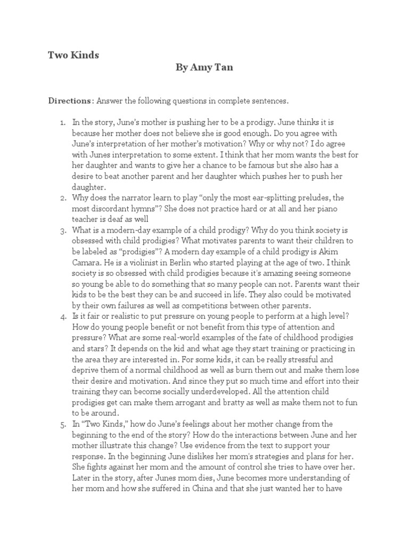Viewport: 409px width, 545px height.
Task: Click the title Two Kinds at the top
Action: (73, 55)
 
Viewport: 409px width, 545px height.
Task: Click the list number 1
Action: (63, 122)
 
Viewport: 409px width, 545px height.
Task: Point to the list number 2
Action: (63, 197)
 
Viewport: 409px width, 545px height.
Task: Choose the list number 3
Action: (63, 230)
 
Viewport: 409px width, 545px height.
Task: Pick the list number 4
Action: (63, 316)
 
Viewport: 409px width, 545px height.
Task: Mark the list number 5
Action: (63, 424)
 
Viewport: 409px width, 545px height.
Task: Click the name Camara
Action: (87, 262)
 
